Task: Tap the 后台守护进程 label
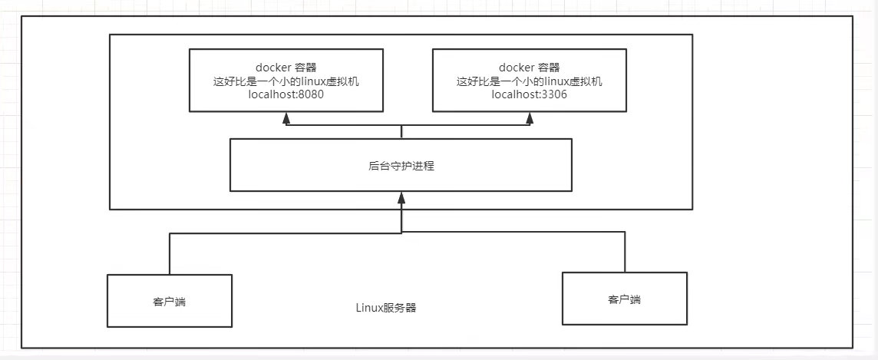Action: point(401,165)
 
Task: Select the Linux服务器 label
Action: point(387,308)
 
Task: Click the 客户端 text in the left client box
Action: point(170,301)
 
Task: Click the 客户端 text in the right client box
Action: point(624,299)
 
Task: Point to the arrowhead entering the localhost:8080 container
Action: point(286,117)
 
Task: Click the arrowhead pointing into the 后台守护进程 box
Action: point(401,197)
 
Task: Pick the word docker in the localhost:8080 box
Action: point(271,68)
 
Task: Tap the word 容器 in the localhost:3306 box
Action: point(546,68)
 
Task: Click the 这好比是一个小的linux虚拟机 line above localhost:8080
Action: point(286,81)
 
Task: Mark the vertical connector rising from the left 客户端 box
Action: point(170,253)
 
